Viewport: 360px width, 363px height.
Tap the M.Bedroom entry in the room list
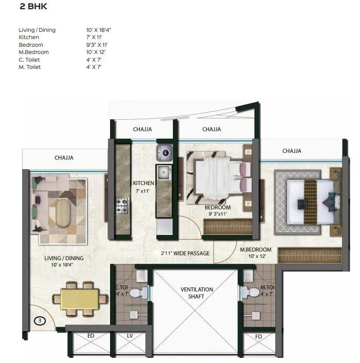tap(33, 52)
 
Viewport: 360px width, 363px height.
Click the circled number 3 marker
tap(39, 320)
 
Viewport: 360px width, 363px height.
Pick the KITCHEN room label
tap(143, 184)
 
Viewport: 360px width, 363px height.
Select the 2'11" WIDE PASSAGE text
tap(184, 253)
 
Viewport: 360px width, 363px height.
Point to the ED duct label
tap(91, 336)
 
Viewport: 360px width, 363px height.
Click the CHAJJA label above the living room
tap(64, 158)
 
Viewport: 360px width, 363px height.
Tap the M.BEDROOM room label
tap(256, 250)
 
